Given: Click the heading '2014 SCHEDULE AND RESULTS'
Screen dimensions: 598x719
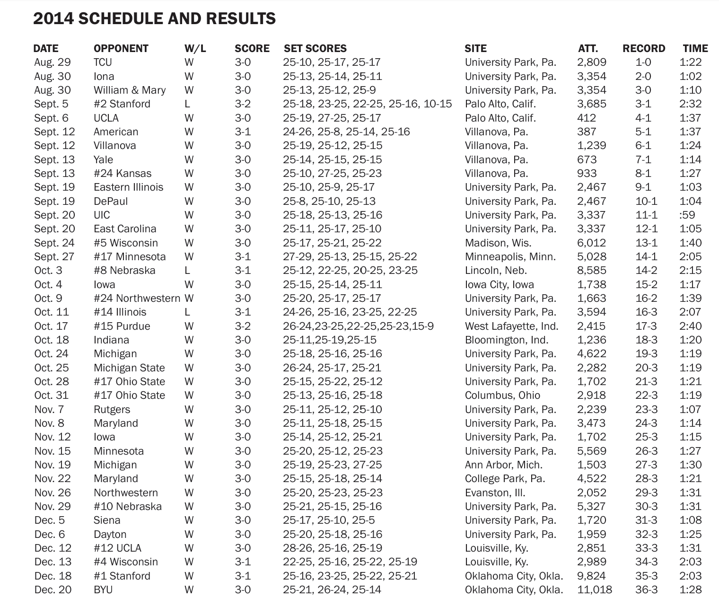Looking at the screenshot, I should pos(154,18).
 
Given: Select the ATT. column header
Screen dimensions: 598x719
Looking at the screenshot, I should pos(587,48).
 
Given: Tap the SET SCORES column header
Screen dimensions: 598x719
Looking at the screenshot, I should pos(315,48).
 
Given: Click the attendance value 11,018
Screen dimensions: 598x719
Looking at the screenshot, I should pos(594,589).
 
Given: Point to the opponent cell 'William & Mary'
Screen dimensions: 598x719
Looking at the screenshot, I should pos(130,90).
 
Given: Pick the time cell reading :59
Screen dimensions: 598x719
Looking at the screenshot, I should pos(687,215).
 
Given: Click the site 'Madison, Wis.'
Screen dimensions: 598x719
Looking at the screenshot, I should pos(498,243).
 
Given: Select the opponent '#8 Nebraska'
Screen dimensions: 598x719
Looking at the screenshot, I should pos(124,270).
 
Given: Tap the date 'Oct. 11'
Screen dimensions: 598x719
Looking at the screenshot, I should pos(52,312).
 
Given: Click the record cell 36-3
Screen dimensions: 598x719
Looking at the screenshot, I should pos(646,589).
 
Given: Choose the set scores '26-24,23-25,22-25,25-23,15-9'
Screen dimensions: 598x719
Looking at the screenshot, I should pos(358,326).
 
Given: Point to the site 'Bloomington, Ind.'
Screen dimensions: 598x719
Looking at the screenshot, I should pos(506,340).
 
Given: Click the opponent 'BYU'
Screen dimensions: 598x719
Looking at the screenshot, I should pos(103,589).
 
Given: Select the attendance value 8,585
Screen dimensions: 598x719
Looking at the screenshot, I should pos(591,270).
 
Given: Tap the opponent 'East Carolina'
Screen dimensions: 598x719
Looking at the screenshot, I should pos(125,229).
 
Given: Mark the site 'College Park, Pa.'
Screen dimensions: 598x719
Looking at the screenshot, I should pos(505,478).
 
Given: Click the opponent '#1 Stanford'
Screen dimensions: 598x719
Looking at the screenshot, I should pos(122,576).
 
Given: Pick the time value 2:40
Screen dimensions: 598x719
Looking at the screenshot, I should pos(690,326).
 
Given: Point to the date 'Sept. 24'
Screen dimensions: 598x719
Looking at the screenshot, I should pos(54,243).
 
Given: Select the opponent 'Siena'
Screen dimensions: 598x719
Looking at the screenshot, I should pos(107,520).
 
